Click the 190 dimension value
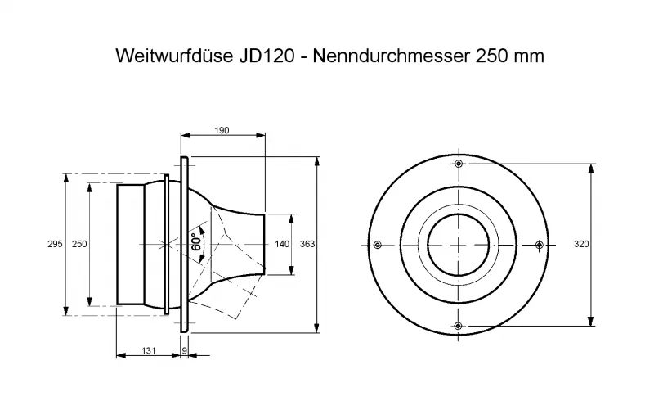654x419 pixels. pos(222,131)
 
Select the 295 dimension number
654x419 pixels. pos(55,244)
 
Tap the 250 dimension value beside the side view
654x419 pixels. pos(79,244)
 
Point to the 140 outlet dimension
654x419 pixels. pos(282,244)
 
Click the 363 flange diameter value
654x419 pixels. pos(307,244)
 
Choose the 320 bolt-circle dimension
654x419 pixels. pos(581,244)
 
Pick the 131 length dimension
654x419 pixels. pos(149,351)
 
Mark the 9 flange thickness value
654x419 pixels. pos(185,351)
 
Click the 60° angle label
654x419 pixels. pos(196,242)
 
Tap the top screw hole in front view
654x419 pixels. pos(459,163)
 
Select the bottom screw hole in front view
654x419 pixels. pos(458,326)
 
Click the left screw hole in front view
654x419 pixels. pos(378,245)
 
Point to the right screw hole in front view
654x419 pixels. pos(539,245)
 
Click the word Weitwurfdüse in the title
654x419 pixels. pos(174,56)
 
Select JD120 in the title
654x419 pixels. pos(267,56)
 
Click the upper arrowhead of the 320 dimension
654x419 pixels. pos(590,169)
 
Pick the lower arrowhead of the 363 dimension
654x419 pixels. pos(317,327)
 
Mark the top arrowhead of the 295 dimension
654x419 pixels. pos(66,178)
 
